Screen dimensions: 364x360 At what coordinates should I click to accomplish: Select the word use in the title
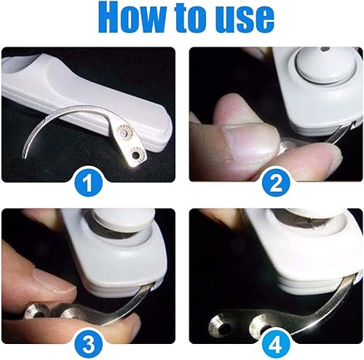[246, 21]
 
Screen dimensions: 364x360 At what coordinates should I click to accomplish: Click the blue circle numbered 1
[88, 183]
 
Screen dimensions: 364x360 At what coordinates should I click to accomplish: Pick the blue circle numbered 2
[276, 183]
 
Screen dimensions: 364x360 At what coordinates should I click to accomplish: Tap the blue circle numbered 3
[88, 345]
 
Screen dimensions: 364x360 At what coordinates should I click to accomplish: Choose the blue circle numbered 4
[276, 345]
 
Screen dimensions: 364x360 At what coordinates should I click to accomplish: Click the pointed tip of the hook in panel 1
[23, 157]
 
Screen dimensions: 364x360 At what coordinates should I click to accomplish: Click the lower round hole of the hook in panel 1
[135, 154]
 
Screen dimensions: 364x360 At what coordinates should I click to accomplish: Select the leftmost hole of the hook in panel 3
[39, 315]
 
